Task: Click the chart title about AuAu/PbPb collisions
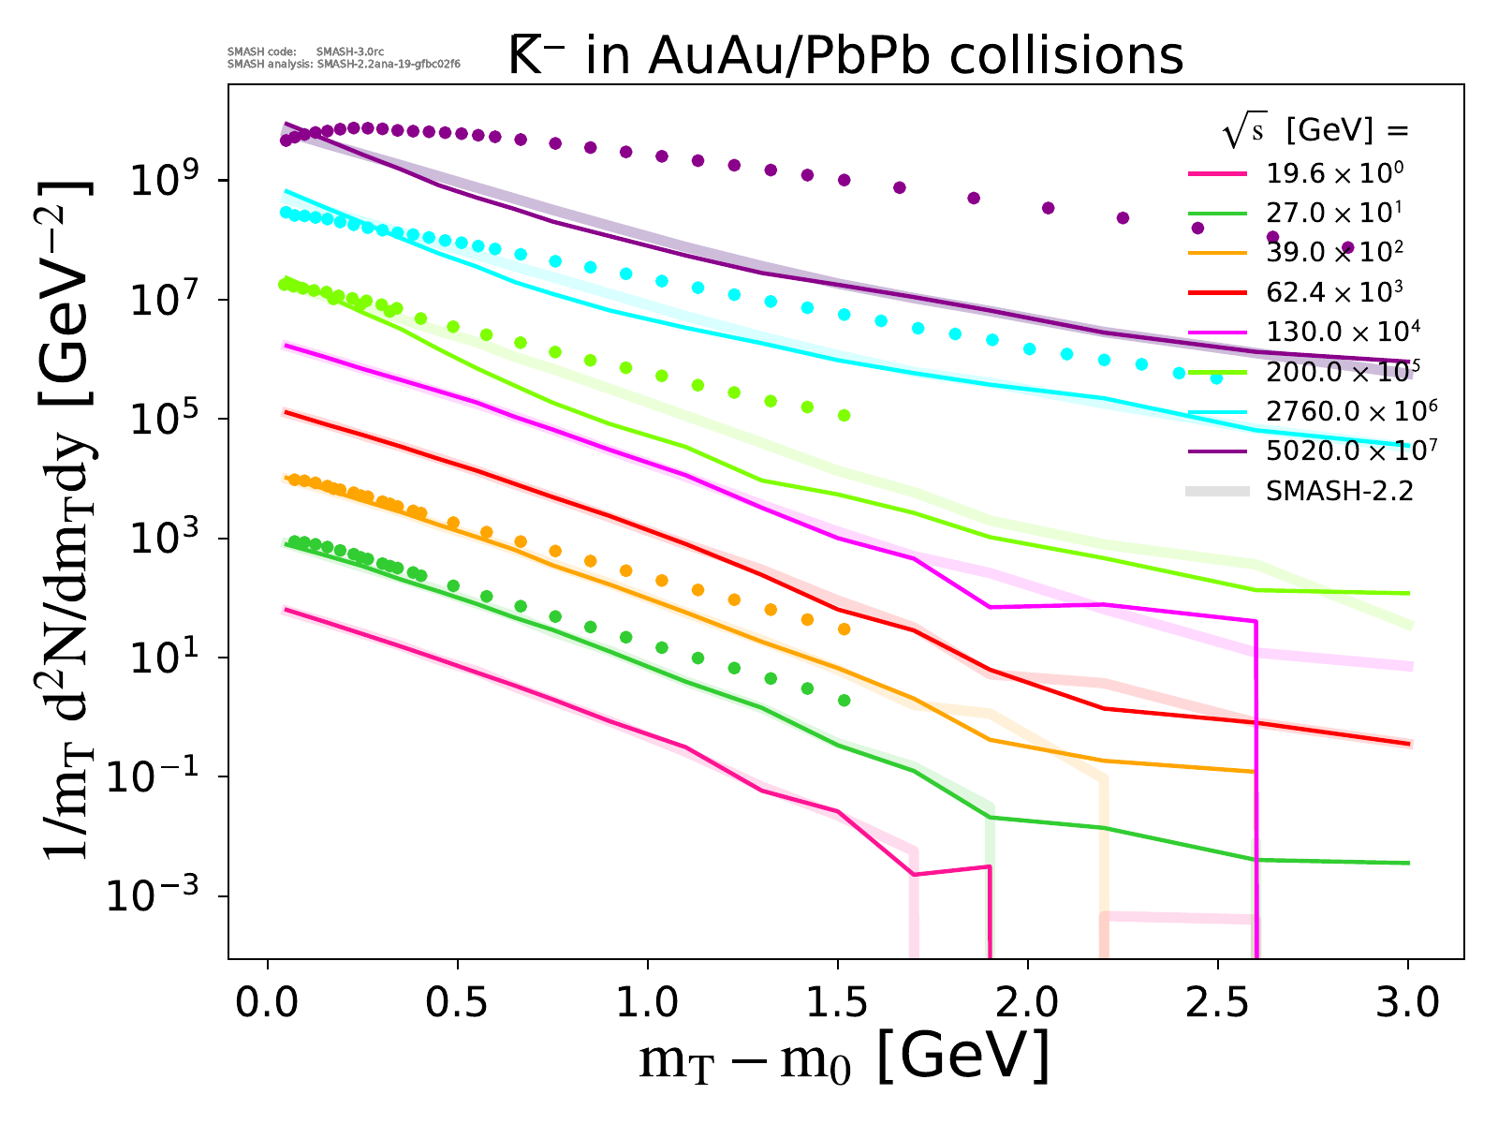[x=846, y=55]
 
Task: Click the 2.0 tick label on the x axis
[x=1028, y=1002]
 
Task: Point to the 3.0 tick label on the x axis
[x=1408, y=1002]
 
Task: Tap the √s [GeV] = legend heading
[x=1314, y=132]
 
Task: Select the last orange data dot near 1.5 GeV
[x=844, y=629]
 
